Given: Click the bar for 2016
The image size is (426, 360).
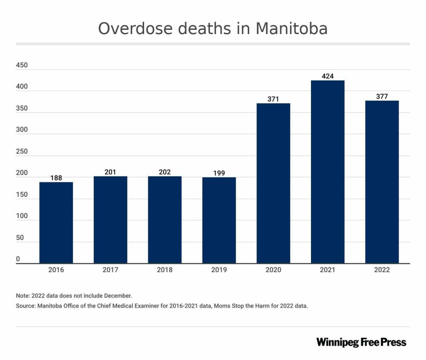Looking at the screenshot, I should (56, 222).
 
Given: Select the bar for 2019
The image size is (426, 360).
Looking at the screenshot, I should (219, 220).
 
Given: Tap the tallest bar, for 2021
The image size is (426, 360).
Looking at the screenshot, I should (328, 172).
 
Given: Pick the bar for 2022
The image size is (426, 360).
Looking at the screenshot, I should (382, 182).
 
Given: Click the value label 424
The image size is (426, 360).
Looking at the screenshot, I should (328, 76).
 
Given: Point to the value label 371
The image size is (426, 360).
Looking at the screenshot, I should (273, 99).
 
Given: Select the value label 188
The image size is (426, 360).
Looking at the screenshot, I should (56, 178).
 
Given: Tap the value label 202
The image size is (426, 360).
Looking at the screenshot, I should (165, 172).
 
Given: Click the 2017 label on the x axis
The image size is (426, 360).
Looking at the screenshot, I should (110, 270).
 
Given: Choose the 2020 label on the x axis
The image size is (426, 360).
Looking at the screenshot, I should (273, 270).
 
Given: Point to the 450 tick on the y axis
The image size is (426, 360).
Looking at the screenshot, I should (22, 66).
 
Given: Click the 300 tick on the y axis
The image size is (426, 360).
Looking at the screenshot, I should (22, 130).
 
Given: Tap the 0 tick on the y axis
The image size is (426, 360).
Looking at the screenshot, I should (18, 259).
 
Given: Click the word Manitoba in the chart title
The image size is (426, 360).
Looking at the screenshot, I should (291, 29).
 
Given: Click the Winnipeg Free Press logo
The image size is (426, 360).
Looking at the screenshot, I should (361, 343).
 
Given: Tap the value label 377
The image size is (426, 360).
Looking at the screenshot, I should (382, 97).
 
